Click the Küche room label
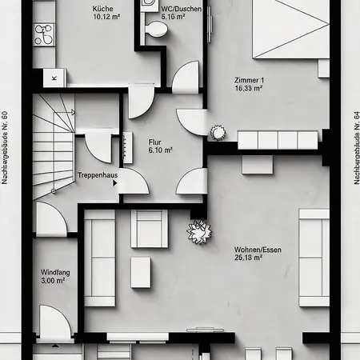point(102,9)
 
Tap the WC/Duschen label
point(181,9)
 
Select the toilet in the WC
point(156,29)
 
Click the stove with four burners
point(45,34)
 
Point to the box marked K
point(54,78)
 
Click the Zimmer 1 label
point(249,80)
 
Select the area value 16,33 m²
point(249,88)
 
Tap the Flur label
point(155,142)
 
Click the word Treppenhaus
point(98,175)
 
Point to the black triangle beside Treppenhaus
point(115,183)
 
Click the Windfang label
point(55,273)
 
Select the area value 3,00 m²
point(53,281)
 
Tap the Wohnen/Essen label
point(258,250)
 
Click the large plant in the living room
point(199,231)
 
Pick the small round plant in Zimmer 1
point(218,133)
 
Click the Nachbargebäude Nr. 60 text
point(5,147)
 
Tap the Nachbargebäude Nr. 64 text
point(357,147)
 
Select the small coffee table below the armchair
point(141,273)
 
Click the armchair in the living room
point(150,229)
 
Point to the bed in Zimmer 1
point(291,29)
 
